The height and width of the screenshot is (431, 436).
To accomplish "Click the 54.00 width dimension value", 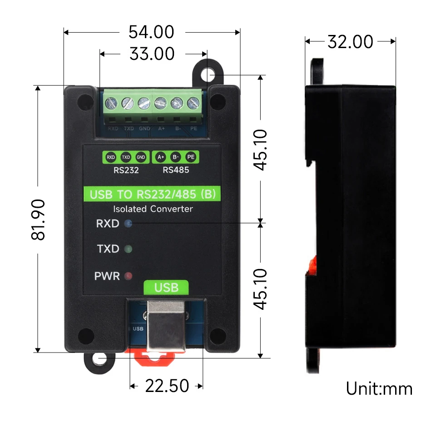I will click(x=151, y=32).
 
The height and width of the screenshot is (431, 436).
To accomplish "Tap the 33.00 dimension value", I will click(x=152, y=54).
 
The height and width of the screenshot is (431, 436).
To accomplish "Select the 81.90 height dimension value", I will click(x=40, y=219).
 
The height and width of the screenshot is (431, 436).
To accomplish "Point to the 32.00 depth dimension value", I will click(x=350, y=42).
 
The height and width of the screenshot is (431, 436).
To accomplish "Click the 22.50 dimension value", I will click(x=167, y=386).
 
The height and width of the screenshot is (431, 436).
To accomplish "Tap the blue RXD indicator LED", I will click(x=128, y=223).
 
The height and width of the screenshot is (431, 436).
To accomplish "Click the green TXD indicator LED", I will click(x=128, y=249).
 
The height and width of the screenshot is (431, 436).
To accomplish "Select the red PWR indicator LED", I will click(x=128, y=275).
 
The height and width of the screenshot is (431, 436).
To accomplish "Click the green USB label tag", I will click(x=166, y=287).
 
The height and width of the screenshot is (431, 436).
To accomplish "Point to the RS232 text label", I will click(x=126, y=171).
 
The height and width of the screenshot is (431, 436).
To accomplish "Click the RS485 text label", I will click(x=176, y=171).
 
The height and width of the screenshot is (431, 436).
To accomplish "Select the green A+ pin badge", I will click(x=160, y=157).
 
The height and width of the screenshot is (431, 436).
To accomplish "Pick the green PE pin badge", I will click(x=191, y=157).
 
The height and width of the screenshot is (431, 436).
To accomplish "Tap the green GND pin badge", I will click(x=141, y=157).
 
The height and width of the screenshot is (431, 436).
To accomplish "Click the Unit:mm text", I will click(x=379, y=389).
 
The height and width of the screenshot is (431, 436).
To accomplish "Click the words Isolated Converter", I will click(x=153, y=209).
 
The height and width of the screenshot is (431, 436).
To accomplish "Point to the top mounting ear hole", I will click(x=208, y=74).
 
